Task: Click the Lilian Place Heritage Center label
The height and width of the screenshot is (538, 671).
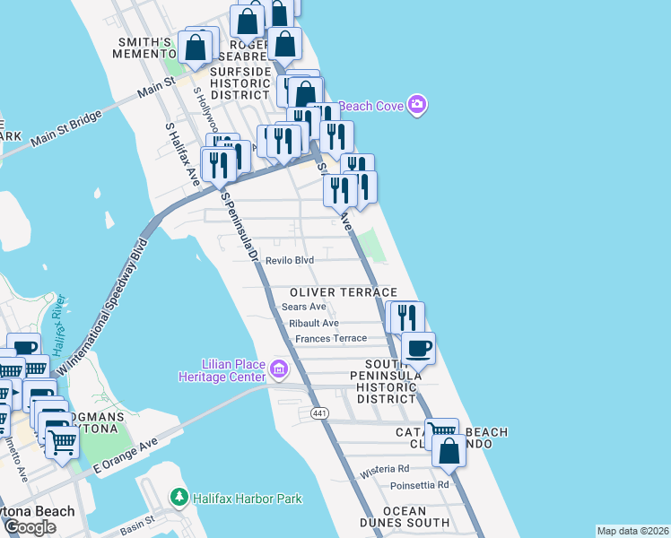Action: click(x=221, y=369)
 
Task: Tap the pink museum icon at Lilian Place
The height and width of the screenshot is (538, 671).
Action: click(x=278, y=369)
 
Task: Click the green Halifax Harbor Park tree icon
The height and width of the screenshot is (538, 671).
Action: click(x=179, y=497)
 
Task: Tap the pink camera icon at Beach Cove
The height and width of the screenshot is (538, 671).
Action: click(x=417, y=106)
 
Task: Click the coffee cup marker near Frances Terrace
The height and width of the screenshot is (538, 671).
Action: click(x=417, y=348)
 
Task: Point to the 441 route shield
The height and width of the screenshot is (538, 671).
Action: click(x=319, y=413)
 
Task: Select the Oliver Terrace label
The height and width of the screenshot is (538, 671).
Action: click(x=343, y=292)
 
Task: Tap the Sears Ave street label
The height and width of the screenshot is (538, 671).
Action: click(x=303, y=307)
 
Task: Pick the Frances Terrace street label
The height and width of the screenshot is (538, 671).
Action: click(x=330, y=338)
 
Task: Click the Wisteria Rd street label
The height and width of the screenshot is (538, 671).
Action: click(x=384, y=469)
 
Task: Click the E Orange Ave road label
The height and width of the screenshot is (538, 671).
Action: click(x=125, y=456)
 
